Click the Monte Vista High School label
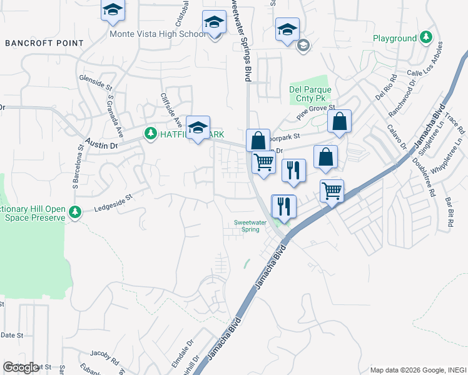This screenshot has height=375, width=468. pyautogui.click(x=157, y=34)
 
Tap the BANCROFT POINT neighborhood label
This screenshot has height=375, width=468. pyautogui.click(x=44, y=43)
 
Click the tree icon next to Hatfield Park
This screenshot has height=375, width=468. pyautogui.click(x=151, y=134)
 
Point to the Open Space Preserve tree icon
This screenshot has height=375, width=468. pyautogui.click(x=75, y=212)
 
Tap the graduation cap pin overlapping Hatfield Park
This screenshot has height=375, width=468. pyautogui.click(x=198, y=128)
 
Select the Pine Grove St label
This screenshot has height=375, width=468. pyautogui.click(x=316, y=112)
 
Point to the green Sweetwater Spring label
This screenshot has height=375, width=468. pyautogui.click(x=247, y=225)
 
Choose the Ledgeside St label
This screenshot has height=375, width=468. pyautogui.click(x=114, y=201)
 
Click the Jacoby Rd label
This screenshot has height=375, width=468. pyautogui.click(x=104, y=357)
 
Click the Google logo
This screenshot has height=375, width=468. pyautogui.click(x=21, y=367)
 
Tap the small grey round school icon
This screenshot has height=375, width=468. pyautogui.click(x=303, y=44)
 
